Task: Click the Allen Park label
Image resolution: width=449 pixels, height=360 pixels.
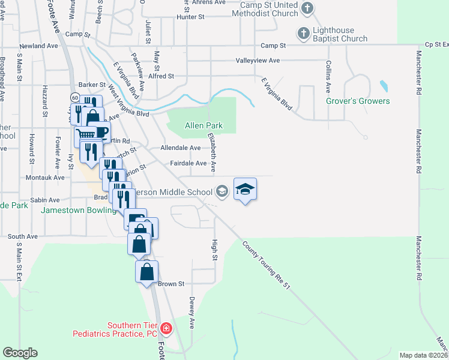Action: [203, 126]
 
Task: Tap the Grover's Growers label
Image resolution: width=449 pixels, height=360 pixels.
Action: [358, 101]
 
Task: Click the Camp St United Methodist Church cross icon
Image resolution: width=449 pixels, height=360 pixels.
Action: [307, 8]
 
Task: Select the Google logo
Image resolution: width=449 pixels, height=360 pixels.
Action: [20, 353]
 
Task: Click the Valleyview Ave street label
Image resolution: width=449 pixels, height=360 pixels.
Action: [258, 61]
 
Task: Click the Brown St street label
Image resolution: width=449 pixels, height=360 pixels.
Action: [171, 283]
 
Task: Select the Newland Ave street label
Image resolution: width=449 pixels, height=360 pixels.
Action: [38, 46]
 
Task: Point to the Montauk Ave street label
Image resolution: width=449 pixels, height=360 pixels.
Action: [45, 178]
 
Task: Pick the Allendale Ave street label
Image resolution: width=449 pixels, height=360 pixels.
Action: [181, 148]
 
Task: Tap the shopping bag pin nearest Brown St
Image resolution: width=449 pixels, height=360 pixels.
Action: [147, 272]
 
